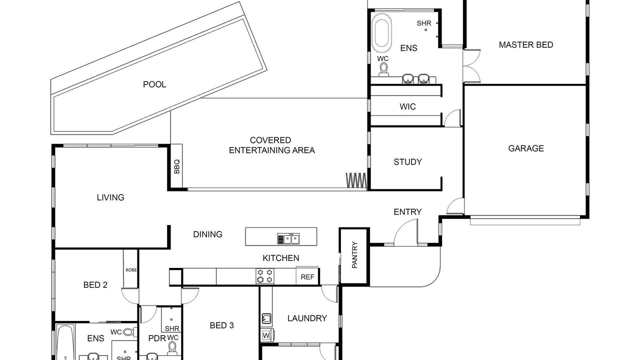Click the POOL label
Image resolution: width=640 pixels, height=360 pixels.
coord(154,84)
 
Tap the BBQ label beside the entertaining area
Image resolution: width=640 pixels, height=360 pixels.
coord(177,166)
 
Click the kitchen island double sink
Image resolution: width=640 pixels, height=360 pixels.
coord(288,239)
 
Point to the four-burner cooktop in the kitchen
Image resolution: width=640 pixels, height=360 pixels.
coord(264,276)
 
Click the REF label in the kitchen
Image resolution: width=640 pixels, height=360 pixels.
coord(307,277)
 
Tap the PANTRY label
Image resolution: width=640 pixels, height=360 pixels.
coord(354,255)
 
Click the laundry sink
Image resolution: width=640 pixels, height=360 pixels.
coord(266,318)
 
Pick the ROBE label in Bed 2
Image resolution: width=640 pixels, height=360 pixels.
coord(131,270)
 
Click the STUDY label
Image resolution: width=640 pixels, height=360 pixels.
coord(407,162)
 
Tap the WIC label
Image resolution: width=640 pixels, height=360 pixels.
coord(407,106)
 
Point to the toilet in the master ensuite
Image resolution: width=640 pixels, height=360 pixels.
coord(383,69)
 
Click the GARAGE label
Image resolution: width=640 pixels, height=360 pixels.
coord(526,148)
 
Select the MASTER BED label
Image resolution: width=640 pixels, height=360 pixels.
coord(526,45)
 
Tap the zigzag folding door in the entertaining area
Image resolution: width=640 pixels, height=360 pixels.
coord(356,180)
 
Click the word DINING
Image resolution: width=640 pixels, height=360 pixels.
coord(207,234)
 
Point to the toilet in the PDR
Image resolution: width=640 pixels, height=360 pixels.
coord(172,347)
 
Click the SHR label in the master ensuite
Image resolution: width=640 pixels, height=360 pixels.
coord(423,23)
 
